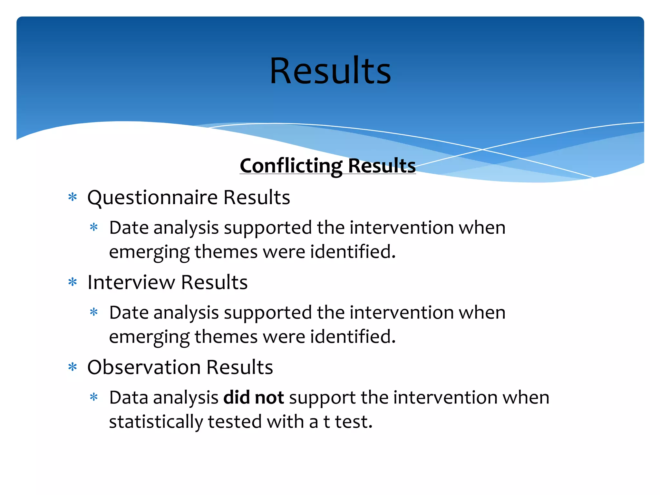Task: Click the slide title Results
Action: (x=330, y=71)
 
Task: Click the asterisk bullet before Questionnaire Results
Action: (x=73, y=197)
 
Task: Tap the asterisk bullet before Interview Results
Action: (x=73, y=282)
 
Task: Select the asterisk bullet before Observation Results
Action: (x=73, y=367)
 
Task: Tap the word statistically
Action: (x=156, y=422)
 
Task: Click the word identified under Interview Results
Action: (x=353, y=336)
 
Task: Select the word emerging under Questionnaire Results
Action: (x=149, y=252)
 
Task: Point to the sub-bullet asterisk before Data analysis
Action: (x=94, y=397)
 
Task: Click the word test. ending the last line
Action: (x=354, y=422)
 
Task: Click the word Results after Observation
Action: (x=239, y=367)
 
